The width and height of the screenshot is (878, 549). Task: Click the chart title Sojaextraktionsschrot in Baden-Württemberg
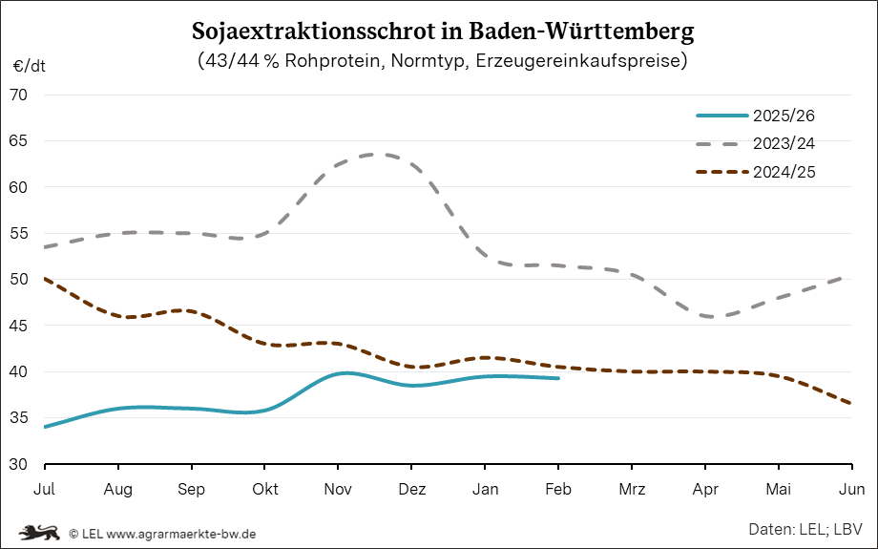(x=443, y=31)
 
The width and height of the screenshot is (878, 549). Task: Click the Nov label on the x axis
(x=338, y=490)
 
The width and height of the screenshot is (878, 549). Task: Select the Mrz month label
(x=632, y=490)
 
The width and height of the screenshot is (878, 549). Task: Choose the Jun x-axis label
(x=851, y=490)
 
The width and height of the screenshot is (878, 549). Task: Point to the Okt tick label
(x=264, y=490)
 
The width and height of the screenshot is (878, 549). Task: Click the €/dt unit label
(x=29, y=67)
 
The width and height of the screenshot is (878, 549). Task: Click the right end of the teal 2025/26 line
(x=558, y=378)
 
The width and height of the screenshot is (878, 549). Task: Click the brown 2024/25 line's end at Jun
(x=850, y=403)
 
